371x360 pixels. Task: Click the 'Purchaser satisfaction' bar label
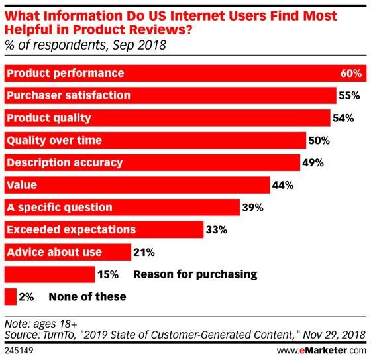[x=68, y=95]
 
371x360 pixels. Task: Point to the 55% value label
[x=349, y=95]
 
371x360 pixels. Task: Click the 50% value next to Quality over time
[x=319, y=141]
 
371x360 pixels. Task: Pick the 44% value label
[x=284, y=185]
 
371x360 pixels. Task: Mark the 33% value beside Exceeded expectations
[x=217, y=230]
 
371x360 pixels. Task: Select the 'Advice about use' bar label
[x=54, y=253]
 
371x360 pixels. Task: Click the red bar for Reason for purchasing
[x=50, y=274]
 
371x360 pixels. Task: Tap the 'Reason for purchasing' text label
[x=195, y=274]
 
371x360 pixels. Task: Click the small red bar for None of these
[x=10, y=296]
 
